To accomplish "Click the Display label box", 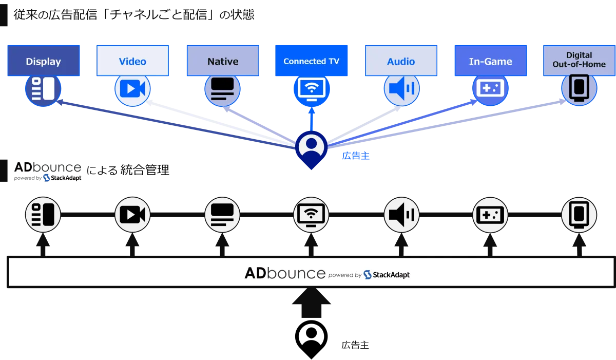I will click(x=43, y=62).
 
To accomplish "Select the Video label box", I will click(x=132, y=62).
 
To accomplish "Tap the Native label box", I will click(x=223, y=62).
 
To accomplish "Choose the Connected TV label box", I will click(x=311, y=62).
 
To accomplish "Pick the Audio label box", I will click(x=401, y=62).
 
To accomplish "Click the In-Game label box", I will click(x=490, y=62).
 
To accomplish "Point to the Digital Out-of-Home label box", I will click(x=579, y=60).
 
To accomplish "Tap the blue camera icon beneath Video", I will click(x=132, y=89).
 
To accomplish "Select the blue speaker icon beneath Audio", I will click(x=401, y=89).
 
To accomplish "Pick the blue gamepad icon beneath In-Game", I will click(x=490, y=89).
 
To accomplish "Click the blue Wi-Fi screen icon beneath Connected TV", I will click(x=311, y=89).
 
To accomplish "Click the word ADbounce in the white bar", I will click(x=285, y=273).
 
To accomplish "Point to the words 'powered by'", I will click(x=345, y=275).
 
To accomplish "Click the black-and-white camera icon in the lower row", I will click(x=132, y=214).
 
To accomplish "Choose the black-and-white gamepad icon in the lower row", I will click(x=490, y=214).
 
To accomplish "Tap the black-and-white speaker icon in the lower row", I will click(x=401, y=214).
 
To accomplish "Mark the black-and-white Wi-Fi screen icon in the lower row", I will click(x=311, y=214).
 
